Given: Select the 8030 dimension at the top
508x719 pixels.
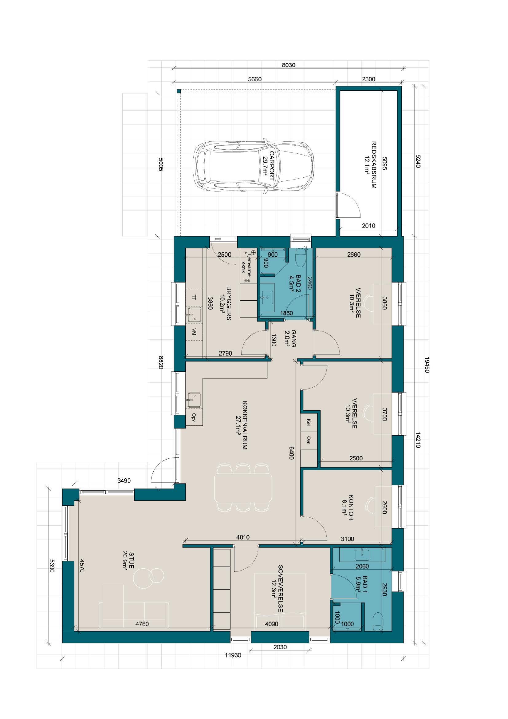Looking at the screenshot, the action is tap(289, 65).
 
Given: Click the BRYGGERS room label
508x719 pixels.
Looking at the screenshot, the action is tap(225, 303).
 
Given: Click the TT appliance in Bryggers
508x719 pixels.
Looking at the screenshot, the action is tap(194, 298).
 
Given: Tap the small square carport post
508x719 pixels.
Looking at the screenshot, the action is tap(179, 91).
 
